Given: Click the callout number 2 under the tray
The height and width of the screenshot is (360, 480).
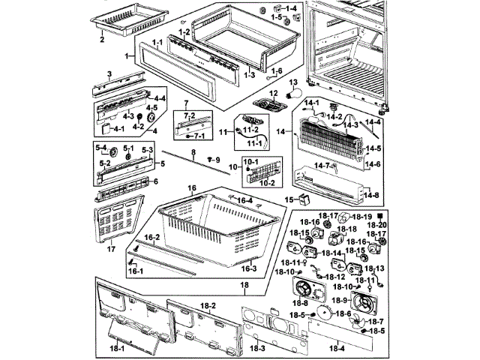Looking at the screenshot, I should coord(101,40).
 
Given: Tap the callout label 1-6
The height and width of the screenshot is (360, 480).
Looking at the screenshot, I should coord(277,71).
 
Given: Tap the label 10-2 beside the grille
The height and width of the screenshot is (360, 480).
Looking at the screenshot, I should coord(267,181).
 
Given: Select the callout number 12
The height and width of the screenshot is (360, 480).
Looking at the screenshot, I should coord(274,94).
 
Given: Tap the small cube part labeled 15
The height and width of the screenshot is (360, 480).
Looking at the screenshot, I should coord(304,198).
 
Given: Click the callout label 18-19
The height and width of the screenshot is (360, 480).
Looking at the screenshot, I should coord(363,217).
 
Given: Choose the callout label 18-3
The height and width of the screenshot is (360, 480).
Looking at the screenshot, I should coord(257,348).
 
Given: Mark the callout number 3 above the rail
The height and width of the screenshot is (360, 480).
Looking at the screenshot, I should coord(109,73).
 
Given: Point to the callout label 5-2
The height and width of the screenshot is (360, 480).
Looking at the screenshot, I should coord(106,161).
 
